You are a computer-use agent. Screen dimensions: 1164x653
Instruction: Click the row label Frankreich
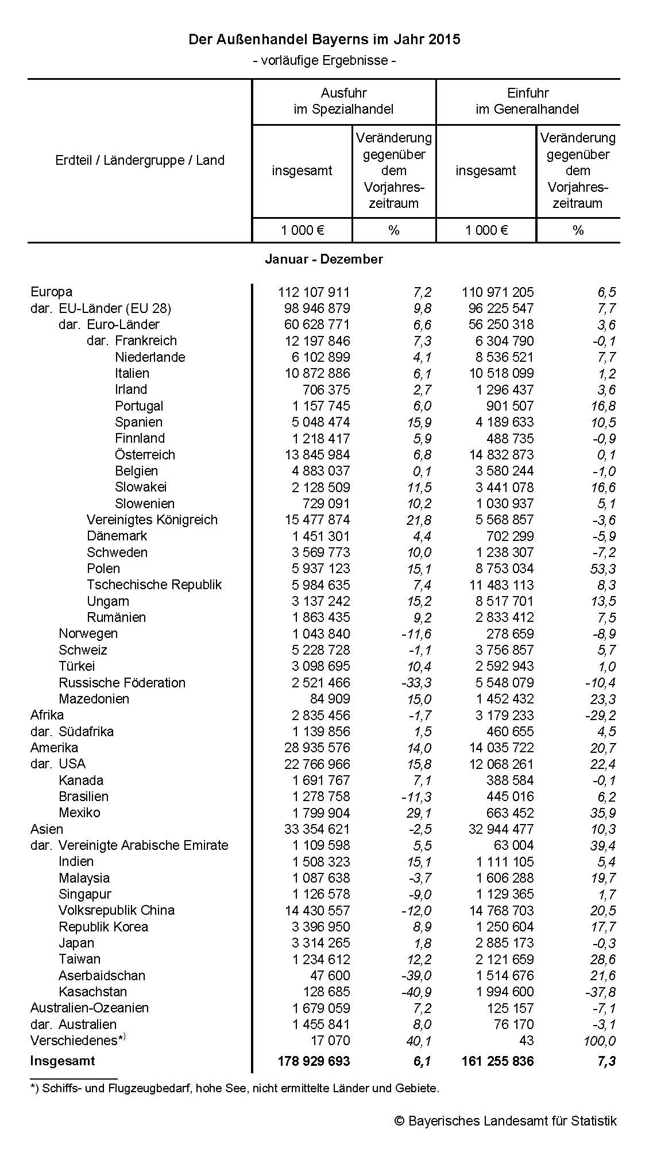[146, 341]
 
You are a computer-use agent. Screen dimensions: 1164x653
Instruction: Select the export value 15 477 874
[317, 520]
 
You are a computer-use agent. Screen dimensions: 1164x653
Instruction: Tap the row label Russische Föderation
[122, 683]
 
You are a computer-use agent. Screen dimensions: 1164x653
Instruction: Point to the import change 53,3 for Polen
[603, 569]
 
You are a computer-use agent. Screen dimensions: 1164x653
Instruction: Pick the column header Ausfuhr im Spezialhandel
[343, 101]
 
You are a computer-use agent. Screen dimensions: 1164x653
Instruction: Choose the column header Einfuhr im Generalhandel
[527, 101]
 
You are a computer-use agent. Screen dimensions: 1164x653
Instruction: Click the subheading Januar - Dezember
[324, 259]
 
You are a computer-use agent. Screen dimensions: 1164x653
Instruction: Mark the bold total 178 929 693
[314, 1061]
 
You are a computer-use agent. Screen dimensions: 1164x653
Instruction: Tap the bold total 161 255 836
[497, 1061]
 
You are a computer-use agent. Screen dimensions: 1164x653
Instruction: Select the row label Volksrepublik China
[117, 910]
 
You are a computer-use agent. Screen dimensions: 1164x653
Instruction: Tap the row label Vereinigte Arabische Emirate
[143, 845]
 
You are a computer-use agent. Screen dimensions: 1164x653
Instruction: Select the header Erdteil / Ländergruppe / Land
[140, 160]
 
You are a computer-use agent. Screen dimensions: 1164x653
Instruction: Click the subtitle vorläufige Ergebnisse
[324, 60]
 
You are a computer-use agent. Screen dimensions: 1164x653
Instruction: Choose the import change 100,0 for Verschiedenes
[598, 1041]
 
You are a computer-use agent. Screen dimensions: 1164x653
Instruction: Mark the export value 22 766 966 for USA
[317, 764]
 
